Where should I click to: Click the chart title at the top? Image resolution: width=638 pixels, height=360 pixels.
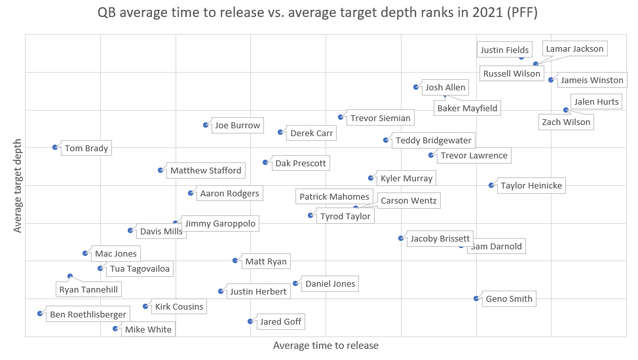[x=318, y=13]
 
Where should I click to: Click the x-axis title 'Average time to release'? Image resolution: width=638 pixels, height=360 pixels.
[x=326, y=345]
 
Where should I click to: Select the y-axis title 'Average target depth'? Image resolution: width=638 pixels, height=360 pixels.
[x=18, y=186]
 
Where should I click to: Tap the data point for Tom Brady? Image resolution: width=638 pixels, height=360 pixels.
[x=55, y=147]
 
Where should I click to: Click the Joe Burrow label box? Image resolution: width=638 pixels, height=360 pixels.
[x=238, y=126]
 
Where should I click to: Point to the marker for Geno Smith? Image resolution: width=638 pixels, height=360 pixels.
[x=476, y=298]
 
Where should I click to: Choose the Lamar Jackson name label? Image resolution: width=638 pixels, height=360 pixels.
[x=574, y=49]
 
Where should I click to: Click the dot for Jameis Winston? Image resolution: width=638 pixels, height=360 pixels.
[x=551, y=80]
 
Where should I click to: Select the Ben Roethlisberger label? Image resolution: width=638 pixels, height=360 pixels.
[x=88, y=315]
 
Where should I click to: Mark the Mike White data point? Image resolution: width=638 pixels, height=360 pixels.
[x=115, y=329]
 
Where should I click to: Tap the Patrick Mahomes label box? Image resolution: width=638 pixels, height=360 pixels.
[x=334, y=197]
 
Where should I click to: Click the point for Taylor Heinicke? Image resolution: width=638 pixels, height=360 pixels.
[x=491, y=185]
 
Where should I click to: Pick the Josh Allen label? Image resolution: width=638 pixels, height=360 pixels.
[x=445, y=88]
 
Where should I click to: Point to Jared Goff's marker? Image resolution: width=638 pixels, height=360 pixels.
[x=250, y=321]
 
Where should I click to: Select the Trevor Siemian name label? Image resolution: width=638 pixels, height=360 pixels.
[x=381, y=118]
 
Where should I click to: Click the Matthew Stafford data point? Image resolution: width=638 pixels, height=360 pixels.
[x=160, y=170]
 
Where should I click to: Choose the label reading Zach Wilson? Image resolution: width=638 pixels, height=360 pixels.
[x=566, y=122]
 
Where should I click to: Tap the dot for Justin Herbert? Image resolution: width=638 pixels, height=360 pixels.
[x=221, y=291]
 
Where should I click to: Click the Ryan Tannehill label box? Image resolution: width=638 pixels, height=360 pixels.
[x=90, y=289]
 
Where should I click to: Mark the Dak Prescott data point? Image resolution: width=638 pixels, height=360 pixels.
[x=265, y=162]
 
